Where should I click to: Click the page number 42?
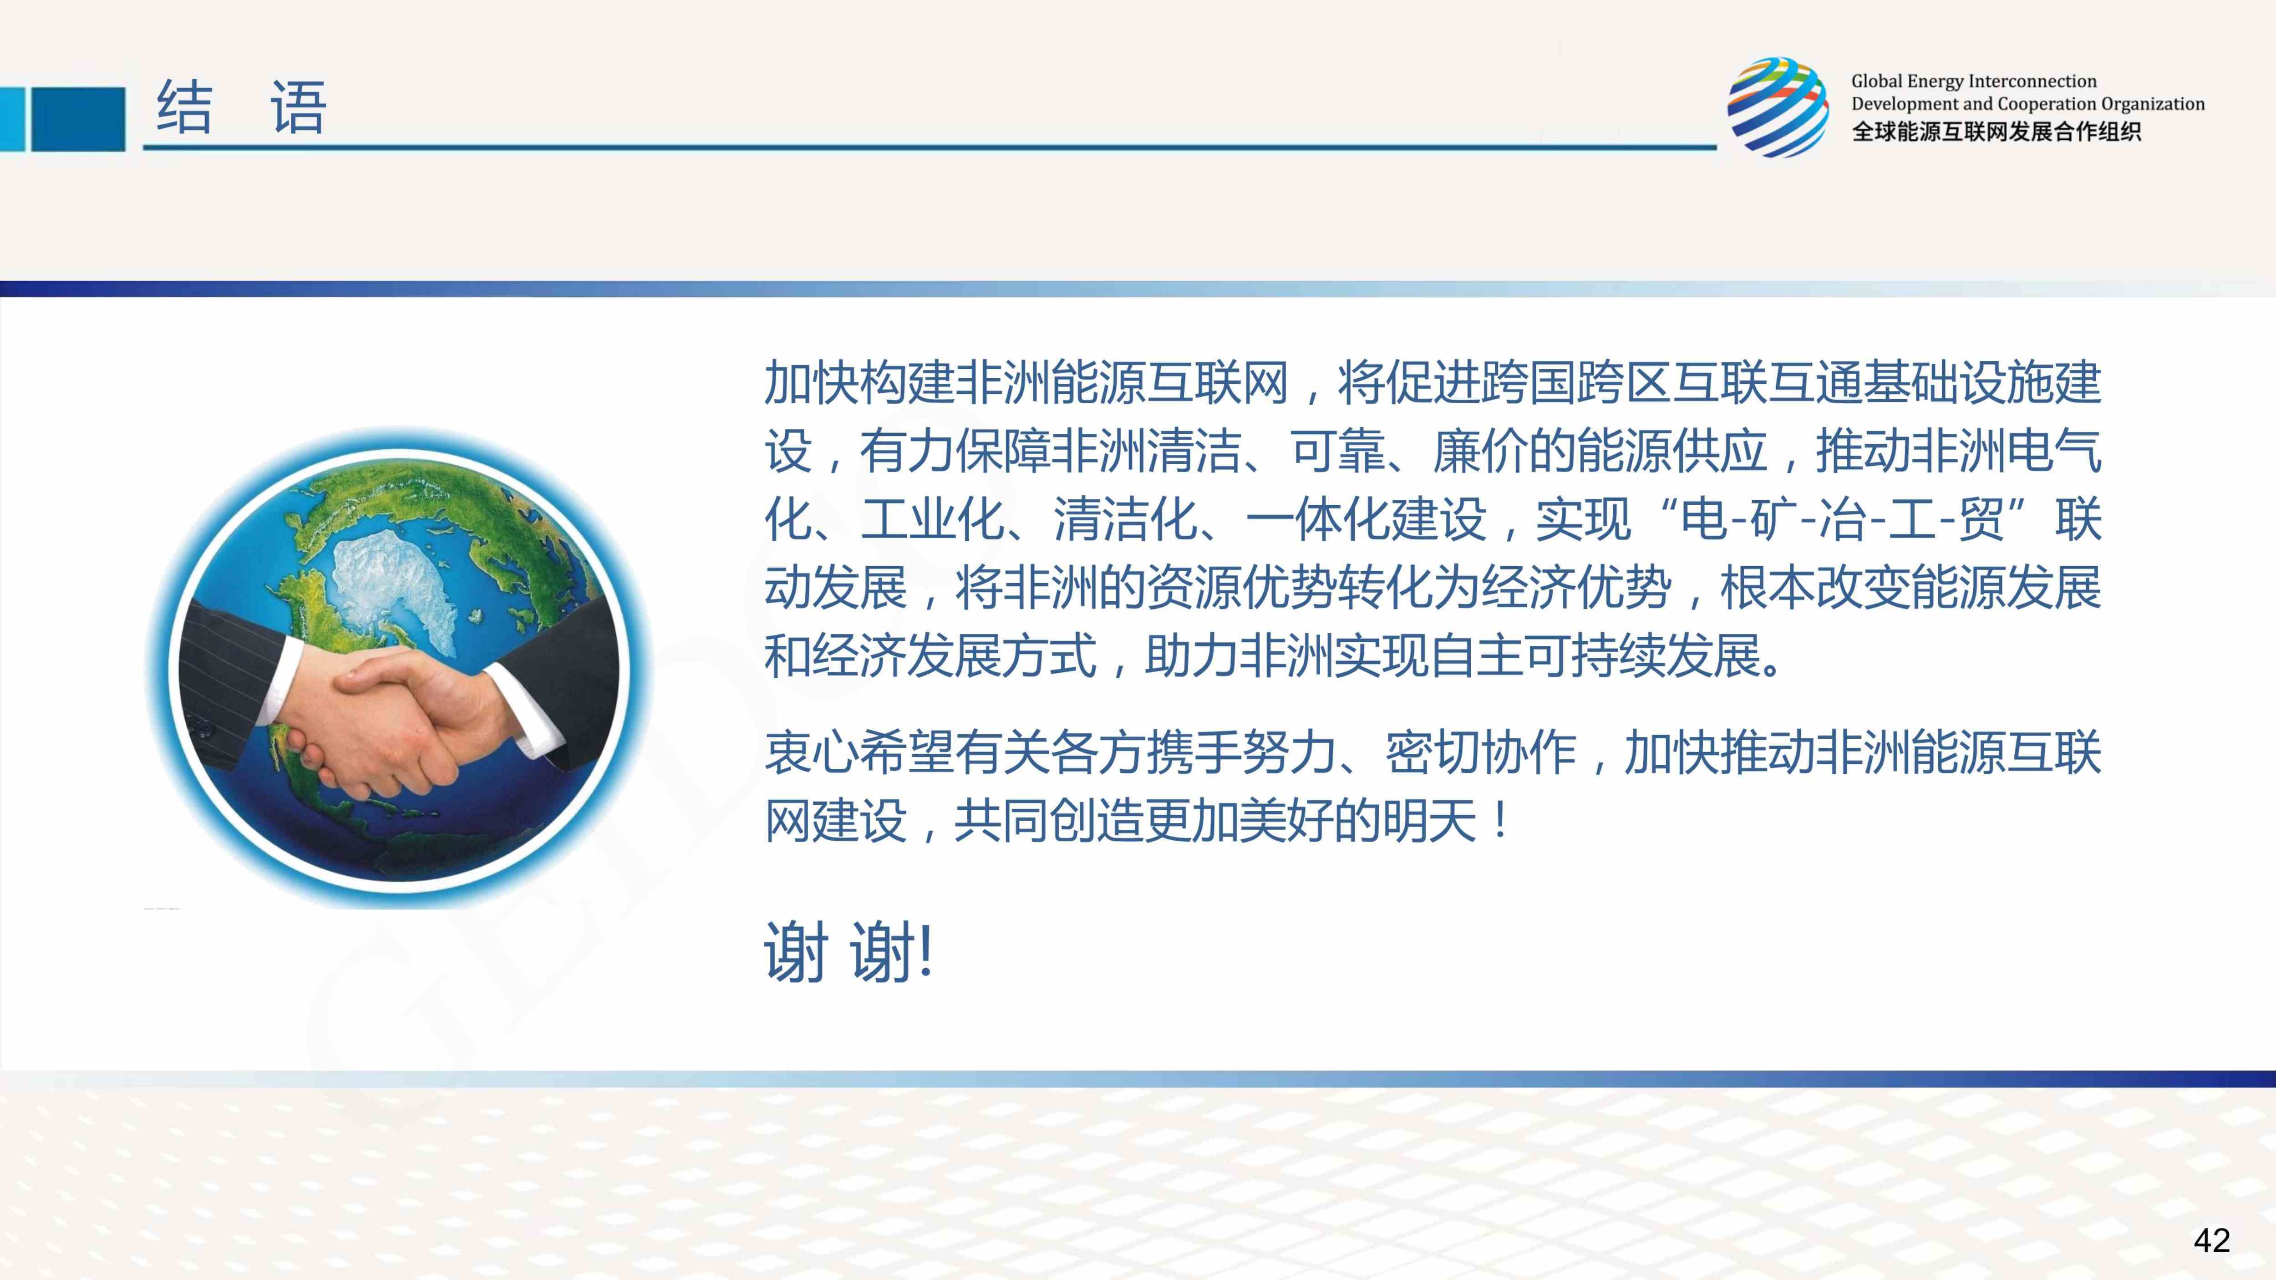(x=2211, y=1240)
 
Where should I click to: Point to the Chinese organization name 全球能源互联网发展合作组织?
(x=1996, y=132)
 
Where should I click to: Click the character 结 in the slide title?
(x=185, y=108)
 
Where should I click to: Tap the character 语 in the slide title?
(x=299, y=108)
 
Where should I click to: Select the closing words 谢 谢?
(x=848, y=952)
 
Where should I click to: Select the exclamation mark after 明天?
(x=1502, y=821)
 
